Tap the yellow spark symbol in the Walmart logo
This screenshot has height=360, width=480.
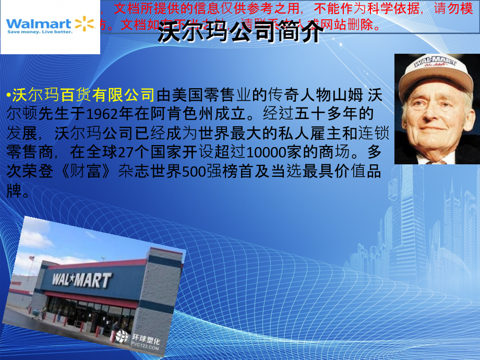pos(85,23)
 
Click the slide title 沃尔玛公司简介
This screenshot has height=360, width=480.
pos(241,34)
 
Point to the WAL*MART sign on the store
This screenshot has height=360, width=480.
pos(81,280)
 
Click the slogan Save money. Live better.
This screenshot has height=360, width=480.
pos(40,32)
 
